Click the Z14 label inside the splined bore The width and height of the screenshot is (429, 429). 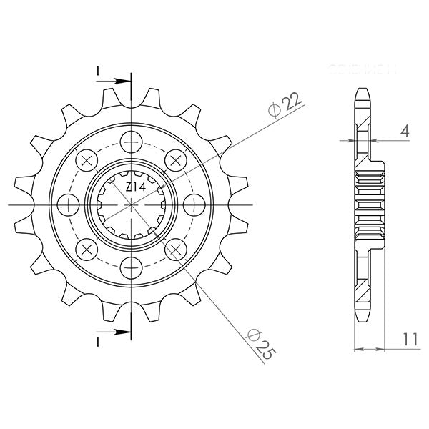134,187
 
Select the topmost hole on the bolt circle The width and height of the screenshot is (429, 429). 132,140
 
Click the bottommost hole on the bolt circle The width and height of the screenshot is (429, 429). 132,269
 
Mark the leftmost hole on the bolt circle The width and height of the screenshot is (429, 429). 68,204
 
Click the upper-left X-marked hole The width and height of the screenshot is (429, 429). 87,159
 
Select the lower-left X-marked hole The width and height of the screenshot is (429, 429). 87,250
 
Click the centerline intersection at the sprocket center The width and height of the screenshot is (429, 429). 132,204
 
